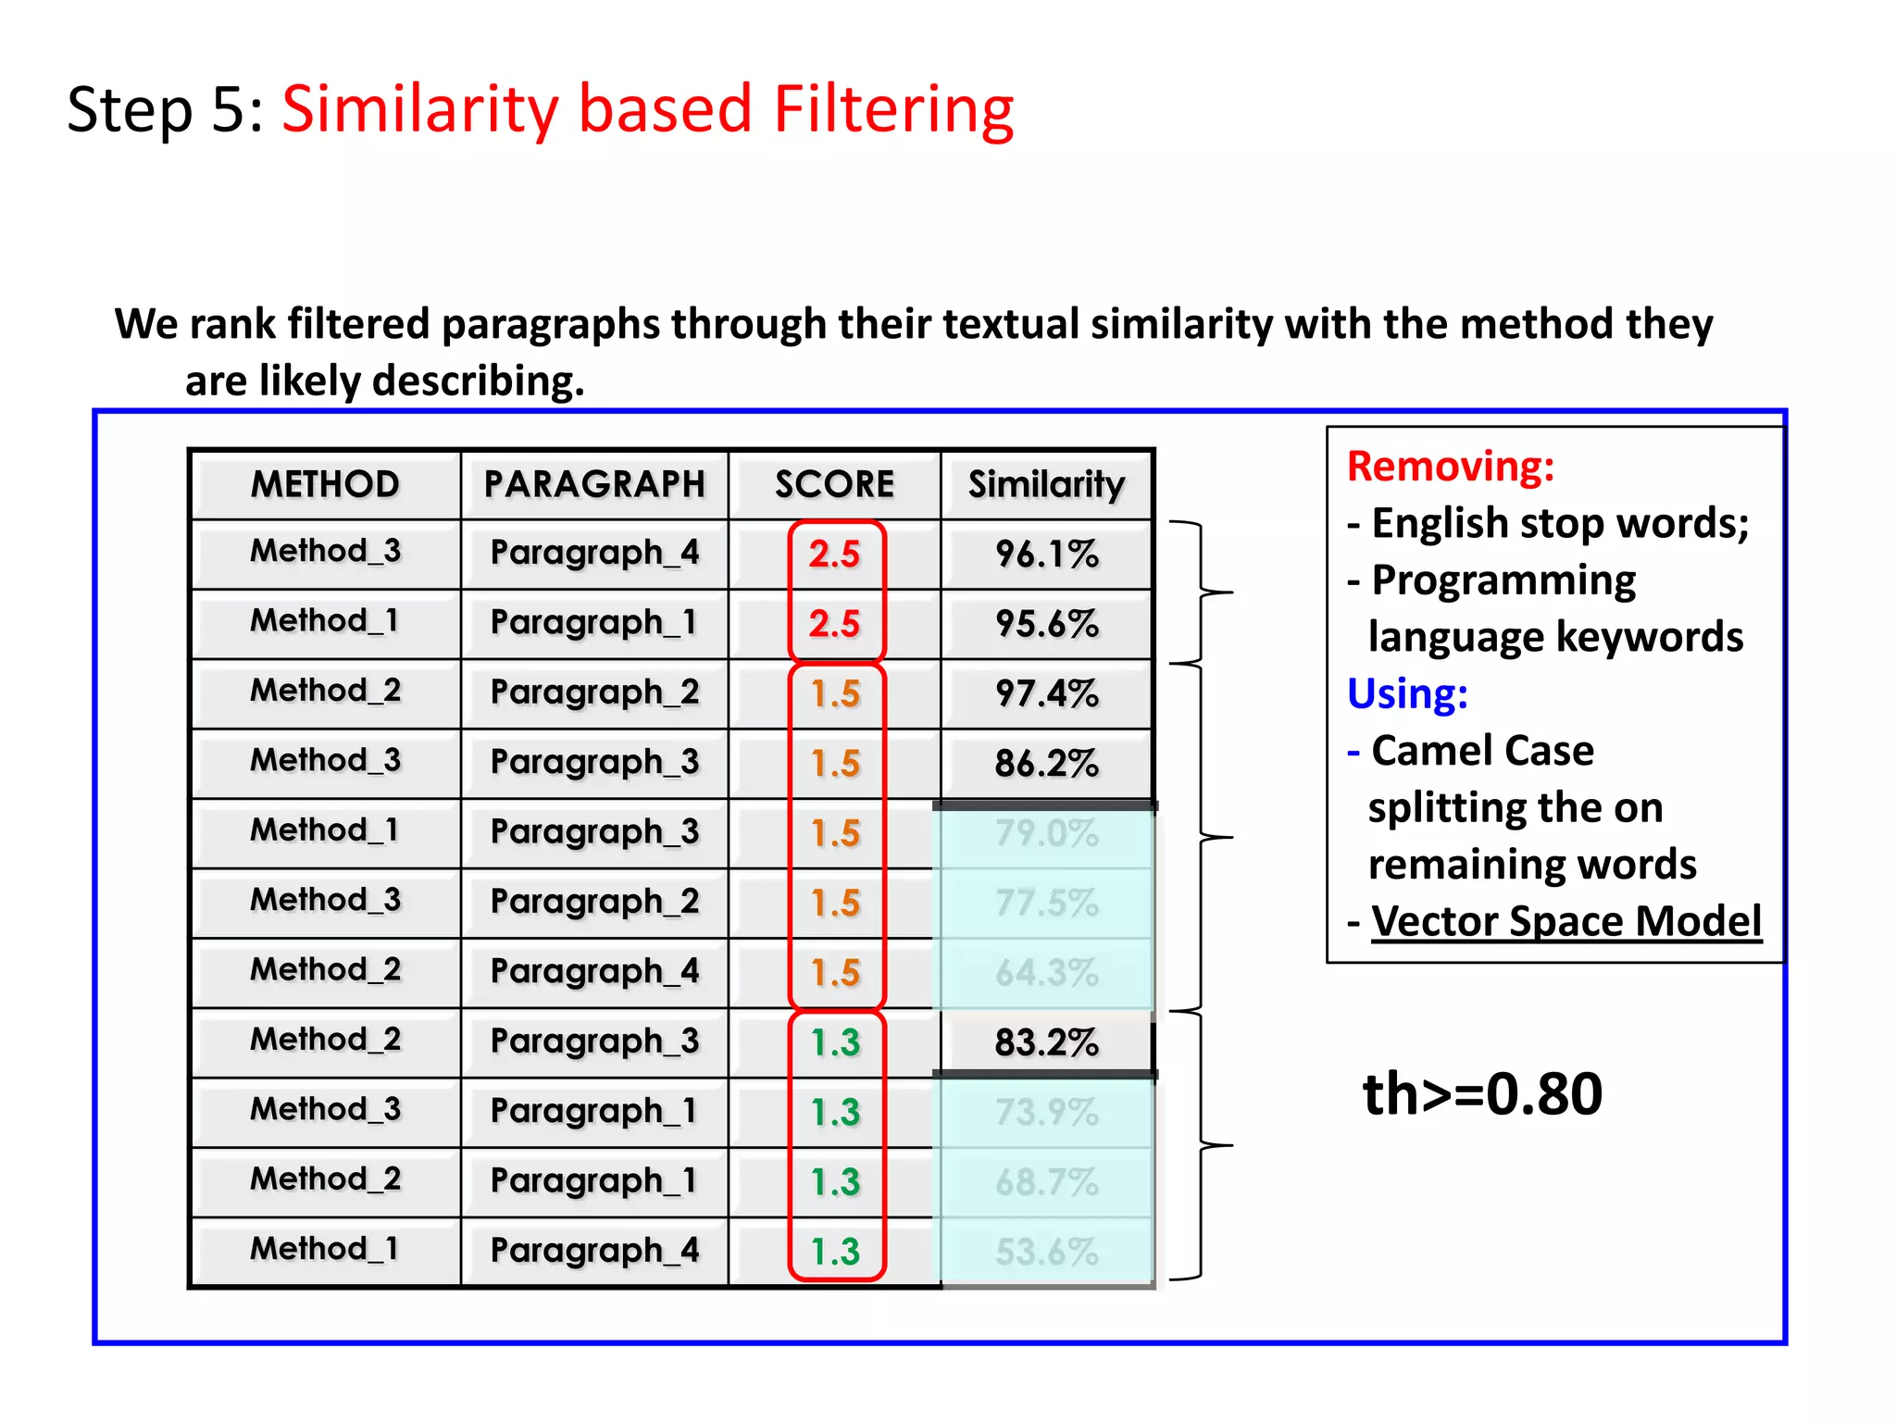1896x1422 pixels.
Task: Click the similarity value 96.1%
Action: pyautogui.click(x=1046, y=555)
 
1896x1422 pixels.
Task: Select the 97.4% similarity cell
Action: pyautogui.click(x=1046, y=693)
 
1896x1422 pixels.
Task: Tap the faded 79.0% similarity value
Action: pyautogui.click(x=1046, y=833)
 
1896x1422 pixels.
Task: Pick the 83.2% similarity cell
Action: pyautogui.click(x=1046, y=1042)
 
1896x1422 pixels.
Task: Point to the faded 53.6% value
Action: pyautogui.click(x=1046, y=1252)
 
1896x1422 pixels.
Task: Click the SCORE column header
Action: pyautogui.click(x=834, y=484)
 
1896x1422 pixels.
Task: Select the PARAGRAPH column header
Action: pyautogui.click(x=594, y=484)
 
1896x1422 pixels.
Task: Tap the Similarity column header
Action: pyautogui.click(x=1046, y=484)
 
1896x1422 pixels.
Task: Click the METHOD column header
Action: pyautogui.click(x=325, y=484)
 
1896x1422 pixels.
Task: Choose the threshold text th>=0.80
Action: pyautogui.click(x=1482, y=1093)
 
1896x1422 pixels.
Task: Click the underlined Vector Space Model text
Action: pyautogui.click(x=1565, y=921)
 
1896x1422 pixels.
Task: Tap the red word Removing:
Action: pyautogui.click(x=1450, y=466)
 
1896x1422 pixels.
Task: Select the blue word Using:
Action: pyautogui.click(x=1407, y=693)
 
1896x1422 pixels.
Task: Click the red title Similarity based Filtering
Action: pyautogui.click(x=647, y=109)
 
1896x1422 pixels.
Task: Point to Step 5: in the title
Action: pyautogui.click(x=166, y=109)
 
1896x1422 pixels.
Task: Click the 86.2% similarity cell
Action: pyautogui.click(x=1046, y=764)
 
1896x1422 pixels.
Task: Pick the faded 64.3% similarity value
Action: pyautogui.click(x=1046, y=973)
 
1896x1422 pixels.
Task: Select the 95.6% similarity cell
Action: pyautogui.click(x=1046, y=624)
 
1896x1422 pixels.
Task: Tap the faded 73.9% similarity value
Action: pyautogui.click(x=1046, y=1112)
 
